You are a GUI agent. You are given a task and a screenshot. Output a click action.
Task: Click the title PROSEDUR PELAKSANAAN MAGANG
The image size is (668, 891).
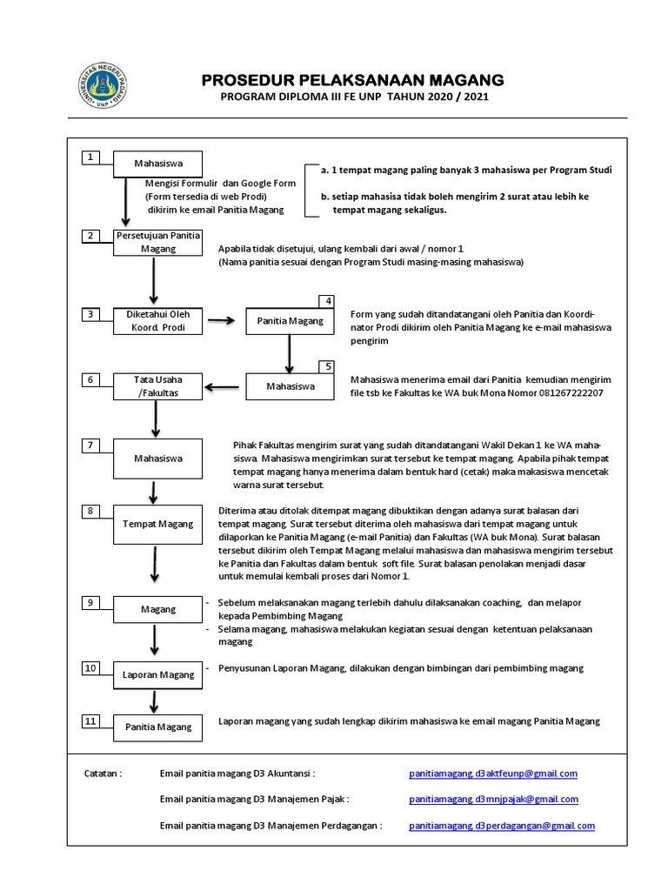(352, 80)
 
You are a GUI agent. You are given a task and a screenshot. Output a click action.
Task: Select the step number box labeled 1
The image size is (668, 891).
(90, 157)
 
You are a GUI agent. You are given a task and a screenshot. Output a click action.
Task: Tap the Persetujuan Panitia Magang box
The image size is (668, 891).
(157, 242)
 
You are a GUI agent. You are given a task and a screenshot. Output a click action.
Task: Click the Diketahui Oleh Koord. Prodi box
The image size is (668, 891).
(157, 321)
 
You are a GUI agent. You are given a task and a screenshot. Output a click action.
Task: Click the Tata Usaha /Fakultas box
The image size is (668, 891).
(157, 386)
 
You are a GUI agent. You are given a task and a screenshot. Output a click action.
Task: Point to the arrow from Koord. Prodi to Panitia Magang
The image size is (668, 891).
(223, 321)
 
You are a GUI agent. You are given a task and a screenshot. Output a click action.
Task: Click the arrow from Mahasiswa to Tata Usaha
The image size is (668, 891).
(224, 386)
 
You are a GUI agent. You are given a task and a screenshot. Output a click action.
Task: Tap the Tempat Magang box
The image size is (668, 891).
(157, 524)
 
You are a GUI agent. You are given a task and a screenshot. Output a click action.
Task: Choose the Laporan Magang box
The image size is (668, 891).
(157, 674)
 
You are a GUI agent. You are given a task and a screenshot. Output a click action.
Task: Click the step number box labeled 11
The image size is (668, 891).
(90, 720)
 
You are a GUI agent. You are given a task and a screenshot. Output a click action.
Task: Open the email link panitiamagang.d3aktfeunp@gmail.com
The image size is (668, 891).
(492, 773)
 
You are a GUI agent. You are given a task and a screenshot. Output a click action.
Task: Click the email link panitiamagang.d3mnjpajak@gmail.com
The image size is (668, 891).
(493, 799)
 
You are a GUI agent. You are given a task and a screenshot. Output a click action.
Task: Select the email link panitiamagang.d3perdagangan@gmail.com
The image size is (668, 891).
(501, 826)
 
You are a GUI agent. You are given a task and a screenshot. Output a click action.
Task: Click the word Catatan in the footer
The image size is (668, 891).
(103, 773)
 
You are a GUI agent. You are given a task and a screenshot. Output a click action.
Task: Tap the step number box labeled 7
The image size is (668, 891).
(90, 445)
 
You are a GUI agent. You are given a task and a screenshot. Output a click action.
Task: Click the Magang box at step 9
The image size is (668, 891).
(157, 610)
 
